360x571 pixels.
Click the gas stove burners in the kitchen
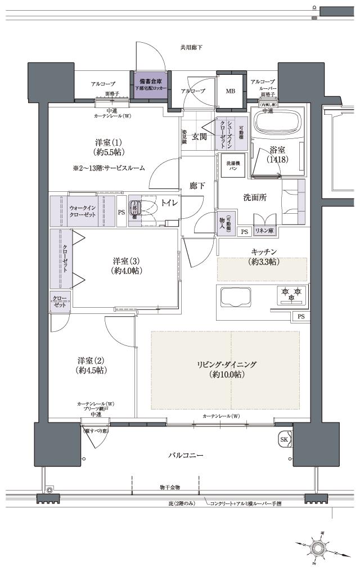tap(291, 294)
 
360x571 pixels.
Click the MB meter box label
tap(231, 91)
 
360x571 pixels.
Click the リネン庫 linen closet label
tap(264, 231)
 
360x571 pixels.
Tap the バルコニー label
tap(185, 455)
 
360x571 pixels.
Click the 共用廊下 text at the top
tap(191, 48)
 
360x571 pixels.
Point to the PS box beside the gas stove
tap(301, 317)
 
